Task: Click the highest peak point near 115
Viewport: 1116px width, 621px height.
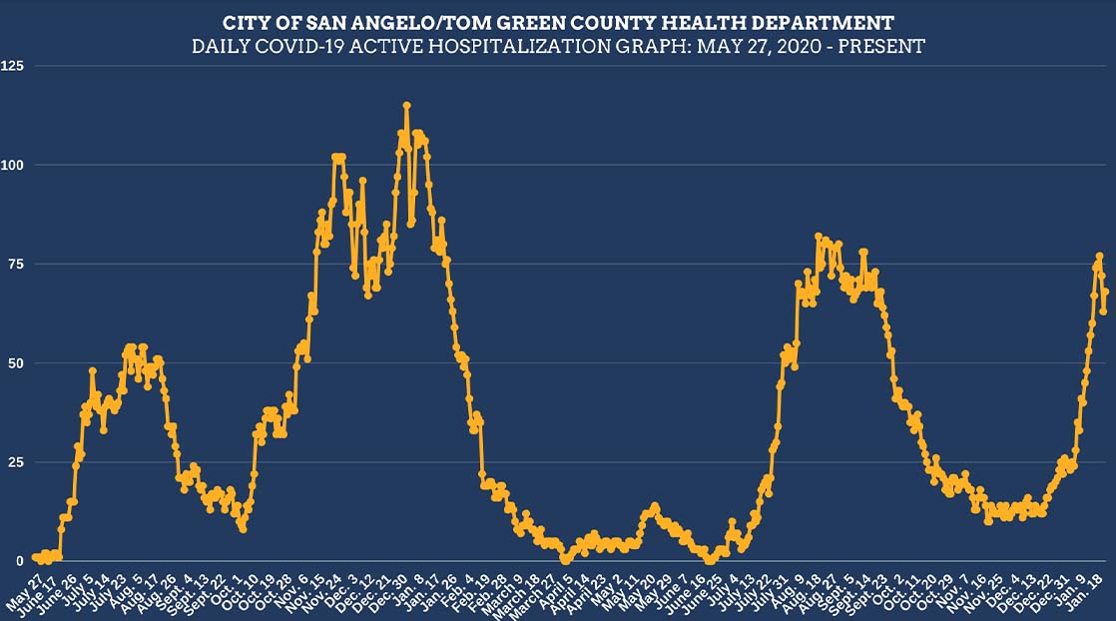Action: click(x=406, y=105)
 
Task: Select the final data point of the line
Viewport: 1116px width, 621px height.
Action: click(x=1105, y=292)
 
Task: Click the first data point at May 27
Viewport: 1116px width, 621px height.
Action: click(x=35, y=557)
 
